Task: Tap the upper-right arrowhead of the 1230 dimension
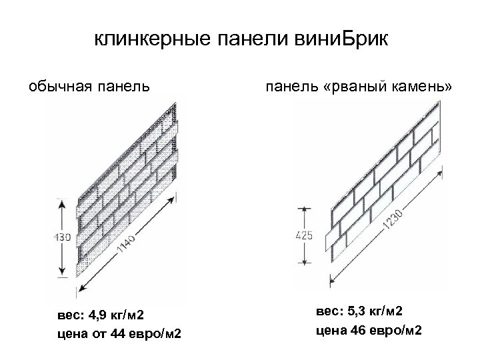pos(443,174)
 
